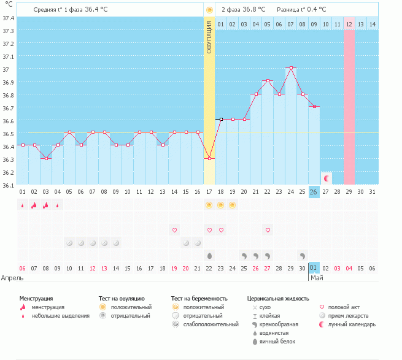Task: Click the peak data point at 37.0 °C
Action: click(x=291, y=68)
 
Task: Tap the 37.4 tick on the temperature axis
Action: click(x=8, y=18)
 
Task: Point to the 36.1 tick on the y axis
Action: click(x=8, y=186)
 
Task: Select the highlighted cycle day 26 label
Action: click(x=314, y=192)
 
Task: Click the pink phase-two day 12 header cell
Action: click(x=349, y=24)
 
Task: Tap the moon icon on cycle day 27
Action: click(x=327, y=178)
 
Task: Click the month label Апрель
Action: click(x=12, y=278)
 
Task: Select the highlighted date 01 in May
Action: click(x=314, y=268)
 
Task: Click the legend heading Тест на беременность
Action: click(x=203, y=298)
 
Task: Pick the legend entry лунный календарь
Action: click(x=352, y=324)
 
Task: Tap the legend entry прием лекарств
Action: click(x=347, y=316)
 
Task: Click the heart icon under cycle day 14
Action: click(x=174, y=230)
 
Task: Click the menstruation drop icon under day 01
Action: click(x=23, y=205)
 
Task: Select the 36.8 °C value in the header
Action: click(x=252, y=9)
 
